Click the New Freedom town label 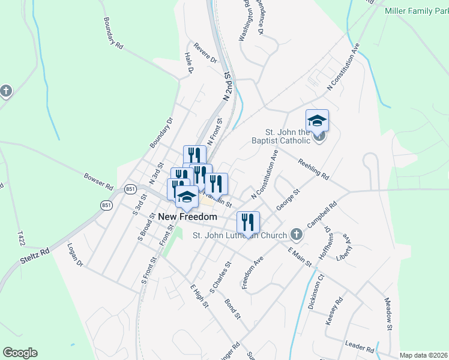pyautogui.click(x=187, y=217)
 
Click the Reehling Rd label pyautogui.click(x=314, y=169)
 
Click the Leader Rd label pyautogui.click(x=360, y=346)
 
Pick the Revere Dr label pyautogui.click(x=205, y=52)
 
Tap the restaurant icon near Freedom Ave pyautogui.click(x=247, y=223)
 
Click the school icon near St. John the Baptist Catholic pyautogui.click(x=316, y=121)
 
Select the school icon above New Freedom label pyautogui.click(x=187, y=196)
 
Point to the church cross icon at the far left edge pyautogui.click(x=6, y=91)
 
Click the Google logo pyautogui.click(x=20, y=353)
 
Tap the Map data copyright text pyautogui.click(x=423, y=355)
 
